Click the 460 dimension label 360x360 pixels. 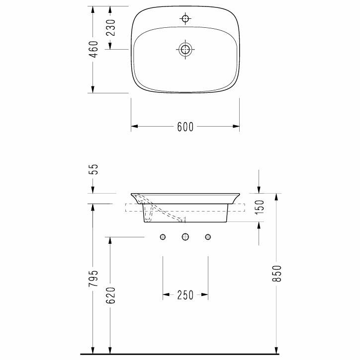tap(94, 49)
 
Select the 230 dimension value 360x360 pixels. tap(111, 28)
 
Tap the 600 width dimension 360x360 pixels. tap(185, 127)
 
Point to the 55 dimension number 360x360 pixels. tap(94, 169)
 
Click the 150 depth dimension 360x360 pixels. tap(260, 208)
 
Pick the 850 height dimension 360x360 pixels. tap(277, 274)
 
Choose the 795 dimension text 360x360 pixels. tap(94, 278)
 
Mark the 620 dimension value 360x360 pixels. tap(111, 295)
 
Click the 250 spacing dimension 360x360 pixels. tap(185, 295)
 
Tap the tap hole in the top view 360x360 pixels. tap(185, 18)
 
